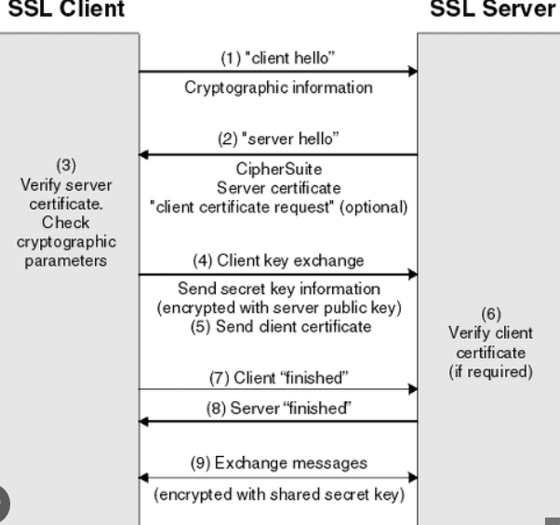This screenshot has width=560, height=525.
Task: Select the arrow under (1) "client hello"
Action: click(x=278, y=70)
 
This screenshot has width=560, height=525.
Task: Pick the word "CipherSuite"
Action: click(x=278, y=170)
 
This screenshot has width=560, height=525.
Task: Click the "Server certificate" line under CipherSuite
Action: click(x=278, y=188)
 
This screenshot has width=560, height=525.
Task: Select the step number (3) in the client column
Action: click(x=66, y=166)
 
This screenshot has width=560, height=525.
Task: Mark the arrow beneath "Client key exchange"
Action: click(x=278, y=275)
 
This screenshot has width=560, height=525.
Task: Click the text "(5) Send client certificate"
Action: click(x=278, y=326)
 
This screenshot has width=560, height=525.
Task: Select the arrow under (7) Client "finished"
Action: click(x=278, y=389)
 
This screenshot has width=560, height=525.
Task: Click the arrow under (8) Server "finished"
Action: click(x=278, y=421)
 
